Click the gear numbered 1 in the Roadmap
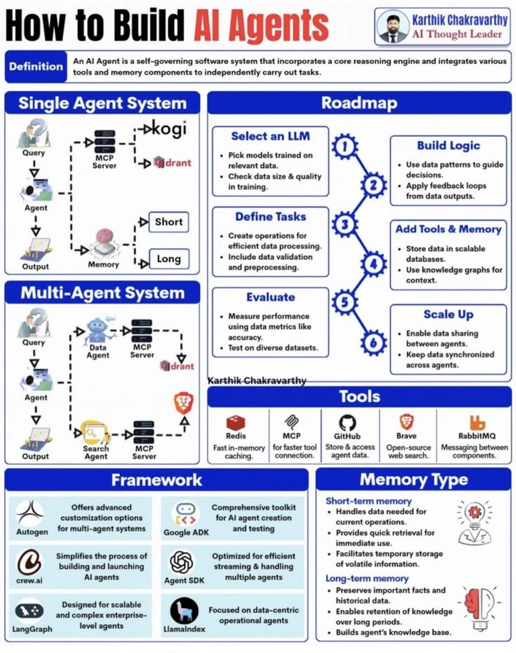click(x=344, y=147)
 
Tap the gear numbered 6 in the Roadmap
click(x=373, y=342)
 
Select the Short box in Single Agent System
click(x=169, y=222)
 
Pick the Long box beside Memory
click(x=169, y=259)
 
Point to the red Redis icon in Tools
click(x=236, y=422)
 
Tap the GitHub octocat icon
click(x=347, y=422)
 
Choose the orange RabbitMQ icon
click(x=477, y=422)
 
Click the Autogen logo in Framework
click(x=30, y=513)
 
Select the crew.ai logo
click(x=30, y=562)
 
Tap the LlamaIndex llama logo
click(x=184, y=610)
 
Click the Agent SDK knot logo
click(x=182, y=562)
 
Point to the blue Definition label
click(x=36, y=66)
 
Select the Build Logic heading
click(x=448, y=146)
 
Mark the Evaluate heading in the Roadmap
click(x=270, y=297)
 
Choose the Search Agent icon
click(x=94, y=432)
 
